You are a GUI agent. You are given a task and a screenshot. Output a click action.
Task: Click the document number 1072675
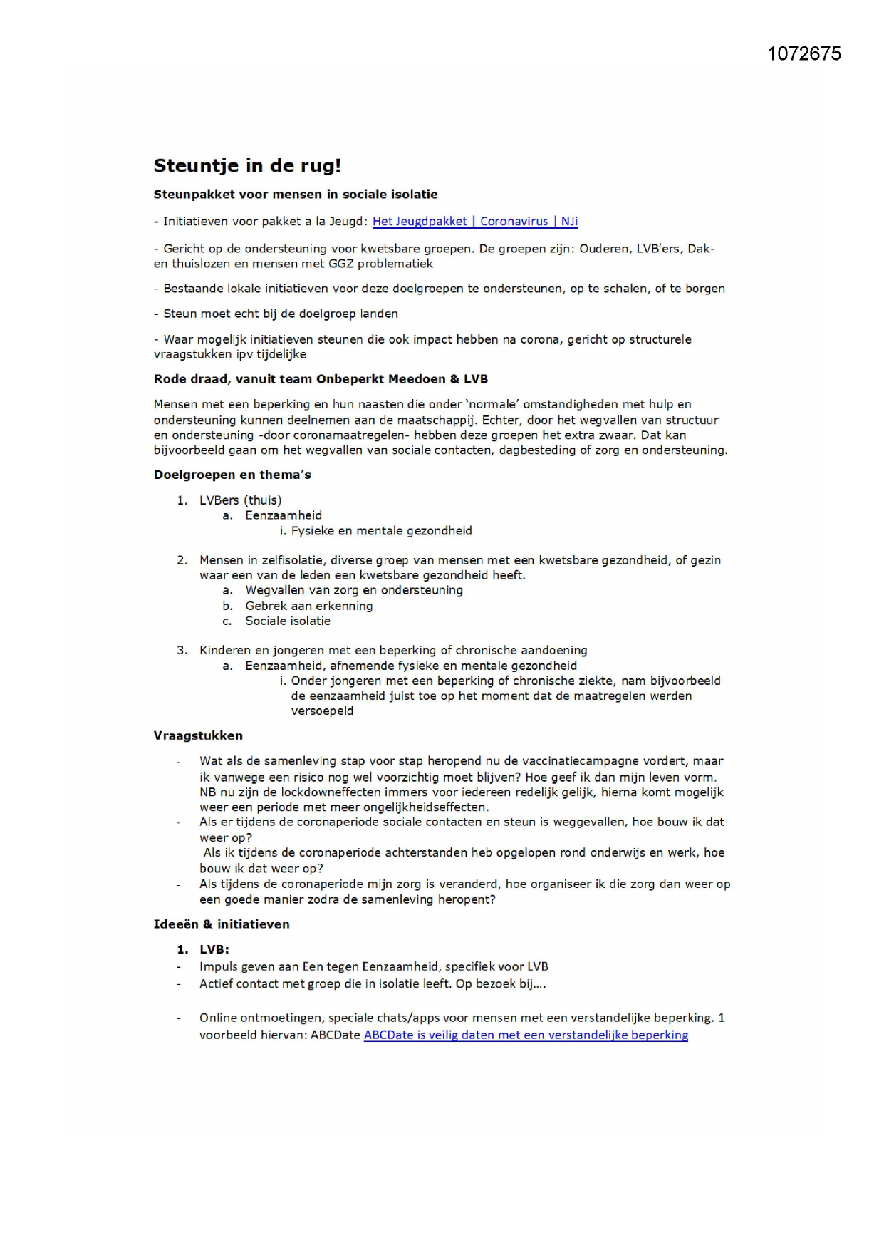click(x=804, y=54)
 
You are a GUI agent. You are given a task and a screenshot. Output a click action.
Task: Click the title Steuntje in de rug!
click(x=247, y=166)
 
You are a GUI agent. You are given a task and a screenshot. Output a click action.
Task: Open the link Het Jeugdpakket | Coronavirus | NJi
click(x=474, y=221)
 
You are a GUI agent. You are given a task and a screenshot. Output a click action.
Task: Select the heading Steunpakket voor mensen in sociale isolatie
click(x=296, y=195)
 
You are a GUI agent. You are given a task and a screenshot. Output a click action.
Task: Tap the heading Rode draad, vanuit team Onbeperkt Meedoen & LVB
click(x=321, y=379)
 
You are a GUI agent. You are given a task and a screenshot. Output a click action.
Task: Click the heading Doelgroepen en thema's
click(x=232, y=475)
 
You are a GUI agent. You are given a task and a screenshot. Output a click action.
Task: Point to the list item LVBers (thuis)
click(x=240, y=500)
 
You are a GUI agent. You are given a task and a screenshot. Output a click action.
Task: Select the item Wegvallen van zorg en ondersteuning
click(x=354, y=590)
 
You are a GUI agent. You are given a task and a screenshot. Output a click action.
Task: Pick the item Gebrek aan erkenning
click(x=308, y=606)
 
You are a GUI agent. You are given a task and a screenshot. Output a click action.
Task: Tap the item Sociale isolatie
click(x=288, y=621)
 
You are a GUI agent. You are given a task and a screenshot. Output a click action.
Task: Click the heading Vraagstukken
click(x=198, y=735)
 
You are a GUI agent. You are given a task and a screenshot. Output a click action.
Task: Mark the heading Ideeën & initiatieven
click(x=222, y=924)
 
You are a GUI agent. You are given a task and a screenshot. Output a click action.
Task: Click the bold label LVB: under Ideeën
click(x=214, y=949)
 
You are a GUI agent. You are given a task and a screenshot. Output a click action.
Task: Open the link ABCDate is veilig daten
click(x=526, y=1035)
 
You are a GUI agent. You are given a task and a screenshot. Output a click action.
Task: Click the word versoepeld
click(x=322, y=711)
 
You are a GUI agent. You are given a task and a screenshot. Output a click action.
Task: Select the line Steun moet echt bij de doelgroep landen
click(x=281, y=314)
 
